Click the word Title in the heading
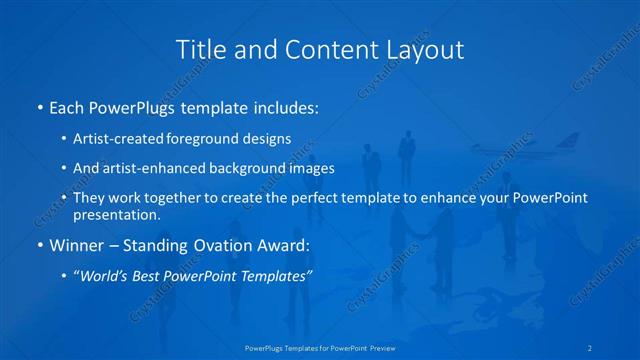[198, 48]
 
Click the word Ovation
[234, 245]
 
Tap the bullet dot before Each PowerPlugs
[38, 107]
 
